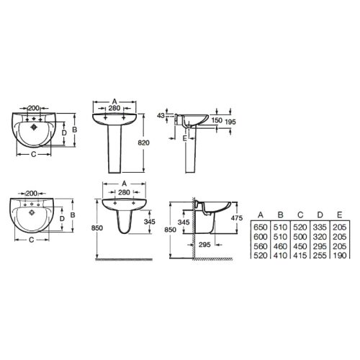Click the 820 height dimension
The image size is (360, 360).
click(x=143, y=143)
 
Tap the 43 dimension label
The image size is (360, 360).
click(x=161, y=116)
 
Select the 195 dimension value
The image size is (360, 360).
click(x=230, y=122)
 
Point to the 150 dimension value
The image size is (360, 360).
click(x=217, y=120)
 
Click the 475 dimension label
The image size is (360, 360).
click(x=237, y=218)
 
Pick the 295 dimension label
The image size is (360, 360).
click(x=204, y=245)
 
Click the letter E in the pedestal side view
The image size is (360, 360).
click(x=184, y=138)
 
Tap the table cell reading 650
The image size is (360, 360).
click(x=261, y=227)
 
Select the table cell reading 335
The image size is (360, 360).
click(x=320, y=227)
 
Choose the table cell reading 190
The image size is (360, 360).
click(x=340, y=256)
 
